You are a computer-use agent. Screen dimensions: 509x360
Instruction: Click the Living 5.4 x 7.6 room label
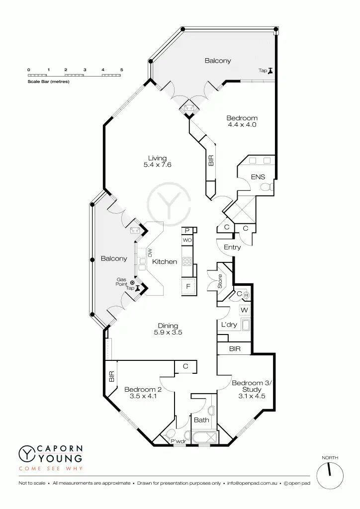[157, 162]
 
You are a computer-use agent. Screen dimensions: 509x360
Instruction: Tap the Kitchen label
[165, 261]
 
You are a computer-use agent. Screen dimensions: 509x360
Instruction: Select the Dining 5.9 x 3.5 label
[168, 329]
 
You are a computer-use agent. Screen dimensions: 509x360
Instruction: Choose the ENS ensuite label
[258, 176]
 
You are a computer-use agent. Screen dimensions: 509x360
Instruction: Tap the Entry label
[232, 247]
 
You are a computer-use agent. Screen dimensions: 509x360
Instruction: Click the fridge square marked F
[188, 286]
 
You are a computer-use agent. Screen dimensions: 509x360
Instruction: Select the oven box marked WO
[187, 240]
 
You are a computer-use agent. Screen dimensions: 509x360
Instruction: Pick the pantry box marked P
[187, 231]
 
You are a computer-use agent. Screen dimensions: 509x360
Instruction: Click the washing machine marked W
[244, 310]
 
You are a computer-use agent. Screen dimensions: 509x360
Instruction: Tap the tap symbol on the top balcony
[271, 71]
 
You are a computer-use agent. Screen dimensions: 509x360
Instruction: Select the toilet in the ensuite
[267, 187]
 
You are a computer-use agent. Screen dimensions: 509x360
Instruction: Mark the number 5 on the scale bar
[121, 70]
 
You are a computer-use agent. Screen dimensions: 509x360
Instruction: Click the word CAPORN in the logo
[60, 448]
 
